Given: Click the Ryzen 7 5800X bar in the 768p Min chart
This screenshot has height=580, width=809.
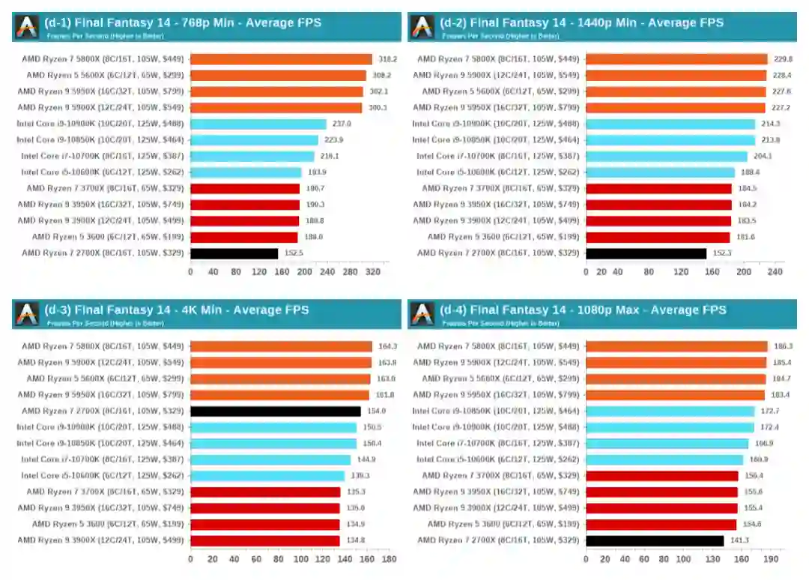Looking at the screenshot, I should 281,59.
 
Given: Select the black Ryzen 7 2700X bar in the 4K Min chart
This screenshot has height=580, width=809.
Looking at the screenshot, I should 265,411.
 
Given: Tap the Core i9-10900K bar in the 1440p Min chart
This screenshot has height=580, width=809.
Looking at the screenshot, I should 670,124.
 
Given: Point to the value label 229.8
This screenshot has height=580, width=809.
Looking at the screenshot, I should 784,59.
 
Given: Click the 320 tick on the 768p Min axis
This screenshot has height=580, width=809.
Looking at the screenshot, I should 372,272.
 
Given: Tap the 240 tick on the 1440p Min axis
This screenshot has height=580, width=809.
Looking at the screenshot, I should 775,272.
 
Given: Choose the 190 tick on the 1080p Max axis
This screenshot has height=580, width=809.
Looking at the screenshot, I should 769,559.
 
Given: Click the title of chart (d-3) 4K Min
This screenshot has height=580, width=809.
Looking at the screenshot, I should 177,310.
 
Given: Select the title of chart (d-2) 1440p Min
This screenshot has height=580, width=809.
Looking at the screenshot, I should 582,22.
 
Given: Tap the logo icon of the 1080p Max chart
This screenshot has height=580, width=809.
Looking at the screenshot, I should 422,314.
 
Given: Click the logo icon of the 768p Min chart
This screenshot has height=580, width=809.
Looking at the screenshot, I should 27,26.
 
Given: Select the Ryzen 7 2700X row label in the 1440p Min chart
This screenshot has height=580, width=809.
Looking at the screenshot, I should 498,253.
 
